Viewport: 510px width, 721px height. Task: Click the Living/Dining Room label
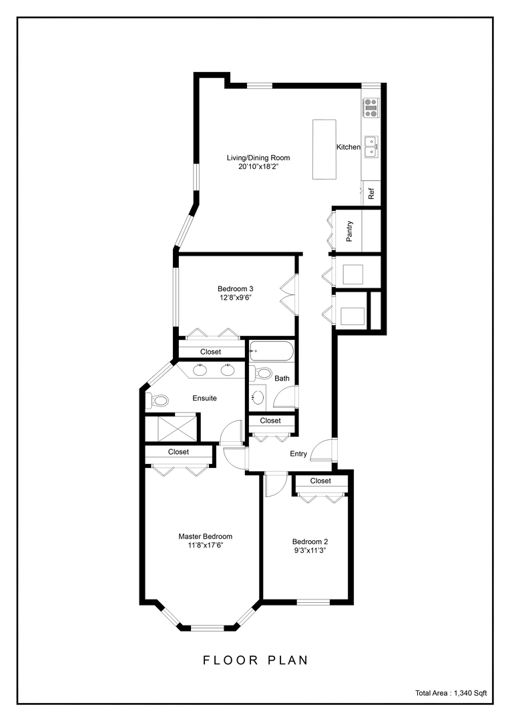point(258,158)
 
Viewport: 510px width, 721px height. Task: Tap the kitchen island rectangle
point(324,149)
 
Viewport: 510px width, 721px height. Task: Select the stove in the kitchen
point(370,108)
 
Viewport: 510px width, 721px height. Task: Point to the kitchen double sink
point(370,147)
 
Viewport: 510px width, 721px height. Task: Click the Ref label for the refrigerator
point(371,194)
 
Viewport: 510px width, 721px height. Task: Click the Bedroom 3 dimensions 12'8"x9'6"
point(235,298)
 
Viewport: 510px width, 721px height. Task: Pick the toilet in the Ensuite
point(158,401)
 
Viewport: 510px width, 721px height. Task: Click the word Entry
point(298,454)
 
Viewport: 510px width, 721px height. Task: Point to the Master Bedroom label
point(205,536)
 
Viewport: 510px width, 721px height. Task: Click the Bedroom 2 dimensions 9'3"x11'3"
point(310,551)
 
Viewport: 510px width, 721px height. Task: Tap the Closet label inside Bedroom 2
point(320,481)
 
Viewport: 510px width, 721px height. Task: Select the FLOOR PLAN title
point(256,660)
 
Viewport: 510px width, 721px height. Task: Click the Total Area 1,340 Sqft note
point(451,694)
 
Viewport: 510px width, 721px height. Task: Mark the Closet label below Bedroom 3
point(211,352)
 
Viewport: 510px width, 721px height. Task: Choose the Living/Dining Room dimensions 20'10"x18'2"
point(258,167)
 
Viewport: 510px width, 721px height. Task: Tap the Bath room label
point(282,379)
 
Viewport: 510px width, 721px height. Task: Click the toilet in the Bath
point(263,373)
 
